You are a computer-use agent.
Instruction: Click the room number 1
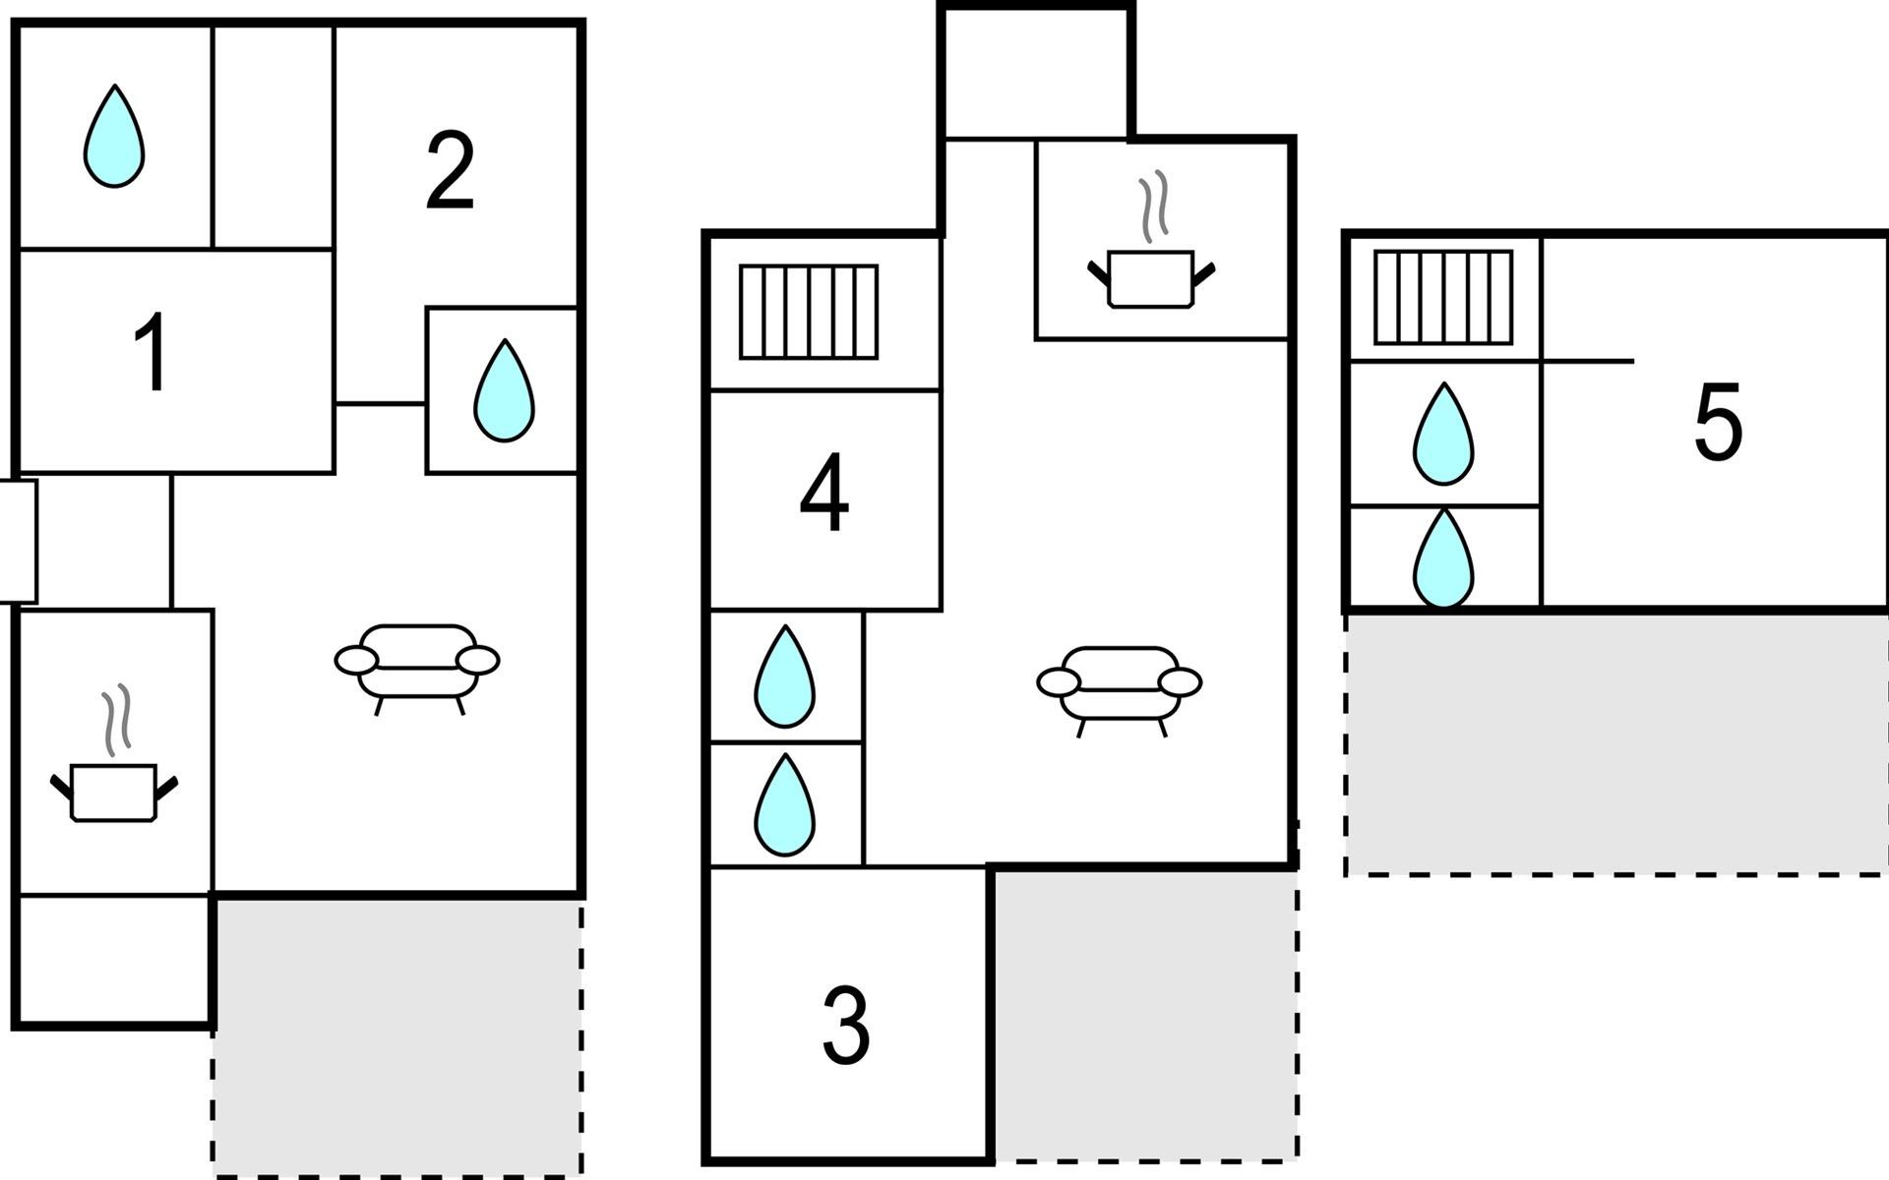pyautogui.click(x=152, y=354)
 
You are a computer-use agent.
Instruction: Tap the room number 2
pyautogui.click(x=451, y=171)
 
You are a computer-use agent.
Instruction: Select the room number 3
pyautogui.click(x=846, y=1027)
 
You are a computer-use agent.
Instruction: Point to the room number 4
pyautogui.click(x=824, y=492)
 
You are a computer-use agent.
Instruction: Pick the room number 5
pyautogui.click(x=1718, y=423)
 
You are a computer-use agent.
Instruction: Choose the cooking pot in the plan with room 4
pyautogui.click(x=1151, y=265)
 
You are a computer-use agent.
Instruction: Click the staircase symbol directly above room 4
pyautogui.click(x=809, y=312)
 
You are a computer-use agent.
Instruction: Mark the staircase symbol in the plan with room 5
pyautogui.click(x=1443, y=297)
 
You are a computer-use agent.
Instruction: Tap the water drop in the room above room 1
pyautogui.click(x=114, y=138)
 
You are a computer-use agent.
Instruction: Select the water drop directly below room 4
pyautogui.click(x=784, y=678)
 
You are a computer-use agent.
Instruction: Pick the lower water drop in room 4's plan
pyautogui.click(x=784, y=805)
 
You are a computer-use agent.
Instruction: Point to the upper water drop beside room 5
pyautogui.click(x=1443, y=435)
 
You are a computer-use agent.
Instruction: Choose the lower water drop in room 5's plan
pyautogui.click(x=1443, y=560)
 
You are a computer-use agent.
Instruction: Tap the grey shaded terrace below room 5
pyautogui.click(x=1615, y=742)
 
